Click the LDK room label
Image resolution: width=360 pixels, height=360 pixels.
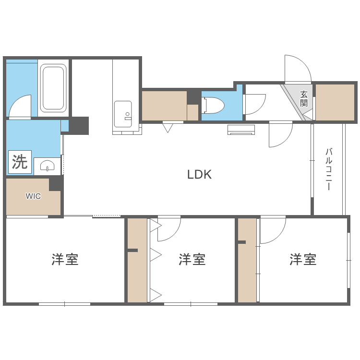[199, 175]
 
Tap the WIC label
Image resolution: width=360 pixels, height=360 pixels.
[33, 196]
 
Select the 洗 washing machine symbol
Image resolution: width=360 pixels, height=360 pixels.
[20, 162]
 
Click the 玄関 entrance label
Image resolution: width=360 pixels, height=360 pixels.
[304, 98]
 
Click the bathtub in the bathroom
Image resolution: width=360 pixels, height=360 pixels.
[53, 89]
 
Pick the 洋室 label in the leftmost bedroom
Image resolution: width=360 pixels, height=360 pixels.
[65, 260]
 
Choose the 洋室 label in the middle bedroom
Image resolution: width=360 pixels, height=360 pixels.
[192, 260]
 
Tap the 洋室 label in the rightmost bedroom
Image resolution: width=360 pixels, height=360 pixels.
[303, 260]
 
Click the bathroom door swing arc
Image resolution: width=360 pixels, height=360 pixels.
[20, 106]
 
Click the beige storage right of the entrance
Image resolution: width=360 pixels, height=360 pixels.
[335, 102]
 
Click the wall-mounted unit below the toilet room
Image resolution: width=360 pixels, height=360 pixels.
[241, 130]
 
